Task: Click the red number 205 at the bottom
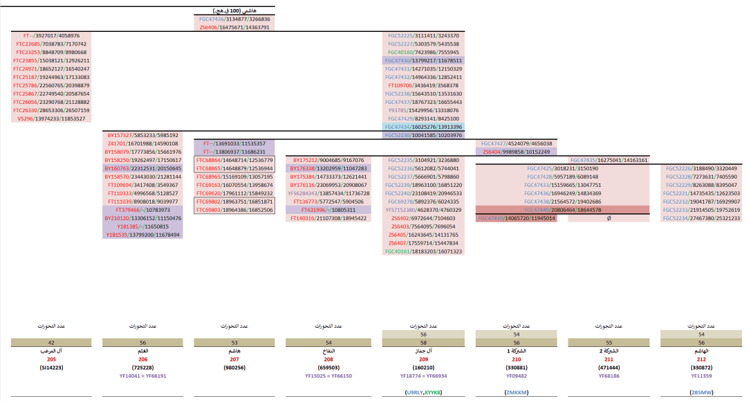coord(51,360)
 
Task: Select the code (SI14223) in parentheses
coord(51,368)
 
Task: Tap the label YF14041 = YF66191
coord(143,376)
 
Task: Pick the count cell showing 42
coord(51,342)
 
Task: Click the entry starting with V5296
coord(51,118)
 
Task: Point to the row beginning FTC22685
coord(51,44)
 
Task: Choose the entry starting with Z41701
coord(142,143)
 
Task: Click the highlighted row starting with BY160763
coord(142,168)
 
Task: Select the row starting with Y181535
coord(142,235)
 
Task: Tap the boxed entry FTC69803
coord(234,210)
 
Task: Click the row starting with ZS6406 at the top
coord(234,28)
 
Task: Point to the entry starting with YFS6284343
coord(326,193)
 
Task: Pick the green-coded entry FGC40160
coord(424,52)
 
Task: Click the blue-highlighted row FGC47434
coord(424,127)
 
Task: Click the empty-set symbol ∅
coord(608,218)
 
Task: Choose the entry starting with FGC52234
coord(701,218)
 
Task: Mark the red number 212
coord(701,360)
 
